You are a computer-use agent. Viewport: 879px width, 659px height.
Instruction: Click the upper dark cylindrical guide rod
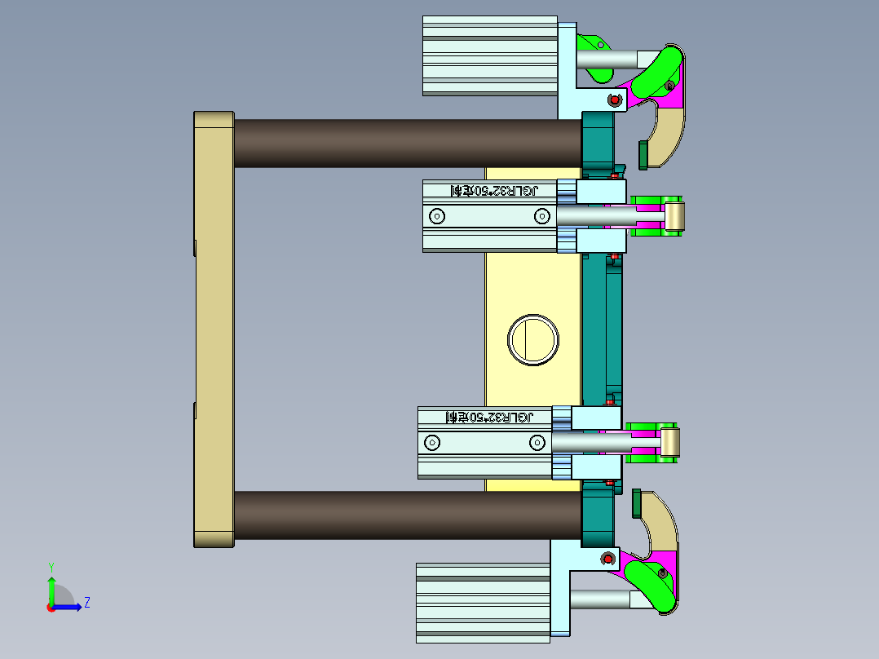[408, 144]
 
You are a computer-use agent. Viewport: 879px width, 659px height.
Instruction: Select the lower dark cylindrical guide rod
[408, 515]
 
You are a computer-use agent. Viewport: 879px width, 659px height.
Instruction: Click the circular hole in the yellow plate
[534, 339]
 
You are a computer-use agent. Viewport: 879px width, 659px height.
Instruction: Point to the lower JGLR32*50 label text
[489, 417]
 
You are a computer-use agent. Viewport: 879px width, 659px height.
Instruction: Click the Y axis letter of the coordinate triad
[51, 566]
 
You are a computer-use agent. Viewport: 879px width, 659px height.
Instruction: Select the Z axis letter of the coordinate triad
[86, 603]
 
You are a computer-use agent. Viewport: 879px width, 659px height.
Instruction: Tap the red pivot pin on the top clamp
[614, 100]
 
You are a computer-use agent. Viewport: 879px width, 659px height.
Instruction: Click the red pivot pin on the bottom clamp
[607, 559]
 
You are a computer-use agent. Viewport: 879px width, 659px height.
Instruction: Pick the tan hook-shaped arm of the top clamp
[669, 130]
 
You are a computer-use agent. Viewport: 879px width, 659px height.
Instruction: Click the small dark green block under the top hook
[643, 154]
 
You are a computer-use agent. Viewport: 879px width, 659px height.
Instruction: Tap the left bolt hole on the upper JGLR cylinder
[437, 216]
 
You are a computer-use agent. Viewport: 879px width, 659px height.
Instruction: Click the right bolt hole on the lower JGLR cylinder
[536, 442]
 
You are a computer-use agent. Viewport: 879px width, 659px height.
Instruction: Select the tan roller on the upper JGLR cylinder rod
[674, 217]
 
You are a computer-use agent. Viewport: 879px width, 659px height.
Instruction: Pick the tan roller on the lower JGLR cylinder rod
[669, 444]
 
